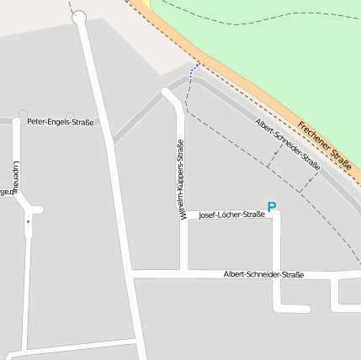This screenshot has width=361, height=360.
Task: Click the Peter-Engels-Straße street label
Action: pyautogui.click(x=60, y=122)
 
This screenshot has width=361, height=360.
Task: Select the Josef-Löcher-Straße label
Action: pyautogui.click(x=231, y=215)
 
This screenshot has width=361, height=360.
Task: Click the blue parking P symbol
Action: pyautogui.click(x=271, y=206)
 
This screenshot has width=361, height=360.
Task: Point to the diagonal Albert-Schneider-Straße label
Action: pyautogui.click(x=287, y=145)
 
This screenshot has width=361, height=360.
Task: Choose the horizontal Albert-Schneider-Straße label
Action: pyautogui.click(x=263, y=275)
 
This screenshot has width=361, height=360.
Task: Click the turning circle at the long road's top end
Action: pyautogui.click(x=79, y=16)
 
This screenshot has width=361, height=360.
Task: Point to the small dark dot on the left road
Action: pyautogui.click(x=28, y=222)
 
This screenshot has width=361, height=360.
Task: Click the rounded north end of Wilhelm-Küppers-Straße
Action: pyautogui.click(x=167, y=92)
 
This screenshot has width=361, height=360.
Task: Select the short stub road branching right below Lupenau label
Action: pyautogui.click(x=35, y=209)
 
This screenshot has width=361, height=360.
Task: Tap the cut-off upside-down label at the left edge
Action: pyautogui.click(x=7, y=192)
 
